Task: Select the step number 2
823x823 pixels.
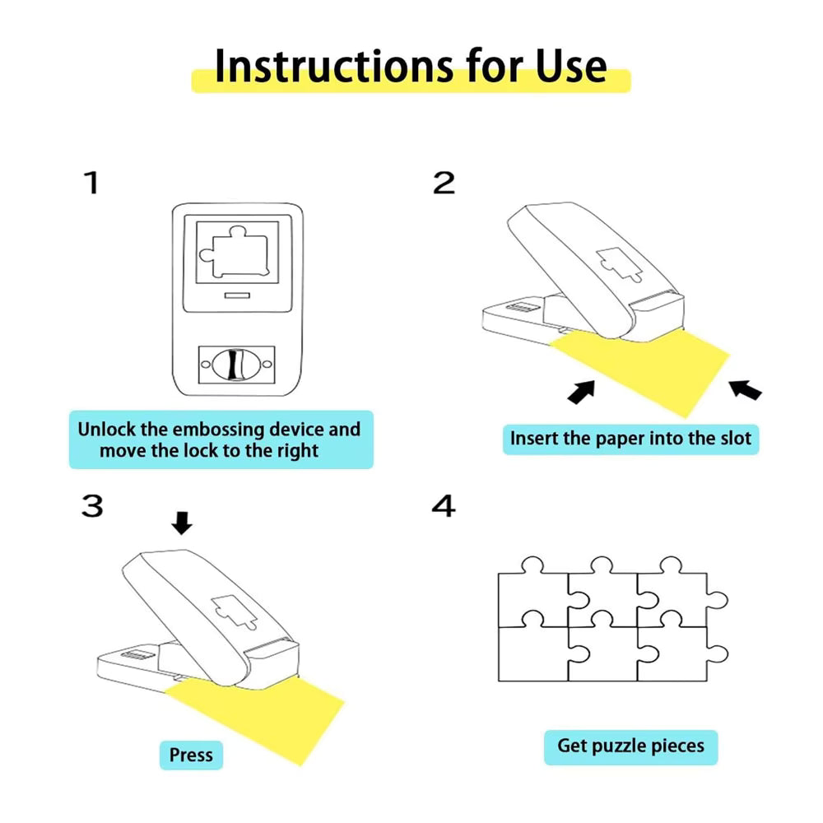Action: (x=444, y=183)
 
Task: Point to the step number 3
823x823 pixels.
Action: (x=92, y=506)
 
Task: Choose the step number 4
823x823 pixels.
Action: (x=444, y=506)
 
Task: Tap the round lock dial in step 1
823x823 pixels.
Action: (x=235, y=363)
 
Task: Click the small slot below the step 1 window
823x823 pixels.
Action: (x=236, y=294)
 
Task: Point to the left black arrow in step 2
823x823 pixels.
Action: (x=581, y=392)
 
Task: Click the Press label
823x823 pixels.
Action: (x=191, y=755)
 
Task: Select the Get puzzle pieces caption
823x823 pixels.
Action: (x=630, y=746)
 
